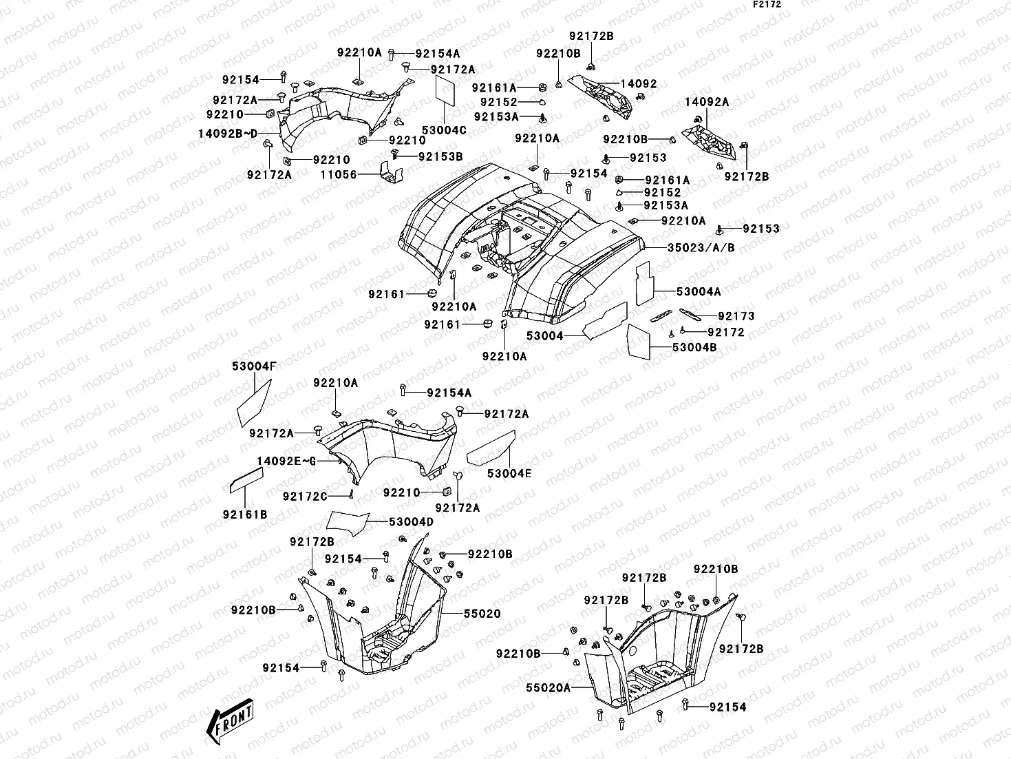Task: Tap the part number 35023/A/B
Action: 700,247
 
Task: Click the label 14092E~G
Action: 286,461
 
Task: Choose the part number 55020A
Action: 549,687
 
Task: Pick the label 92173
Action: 736,316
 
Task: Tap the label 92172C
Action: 305,496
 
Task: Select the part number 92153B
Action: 440,156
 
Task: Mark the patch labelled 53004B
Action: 639,340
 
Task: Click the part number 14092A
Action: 706,102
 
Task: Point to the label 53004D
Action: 411,522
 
